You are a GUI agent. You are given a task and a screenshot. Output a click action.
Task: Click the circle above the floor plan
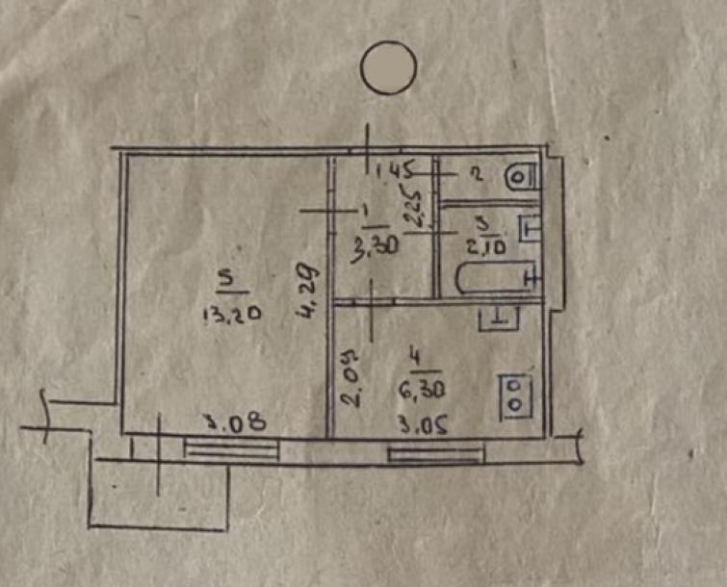coord(388,66)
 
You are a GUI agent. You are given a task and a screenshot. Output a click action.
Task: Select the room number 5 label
coord(227,278)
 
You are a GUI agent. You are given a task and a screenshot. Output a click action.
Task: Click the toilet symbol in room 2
coord(521,176)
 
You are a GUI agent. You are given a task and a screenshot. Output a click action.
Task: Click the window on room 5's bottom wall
coord(232,448)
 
